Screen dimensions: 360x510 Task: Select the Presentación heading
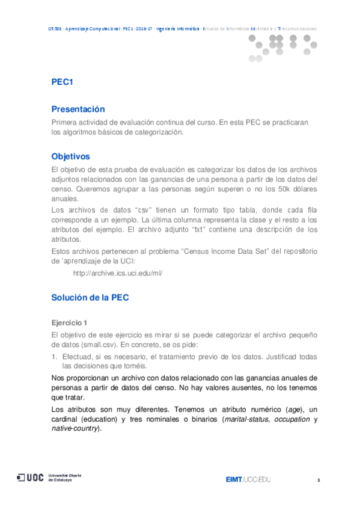point(78,109)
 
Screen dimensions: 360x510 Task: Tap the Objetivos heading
point(70,156)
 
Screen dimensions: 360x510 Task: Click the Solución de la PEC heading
point(90,297)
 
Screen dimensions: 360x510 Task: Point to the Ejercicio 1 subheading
point(69,322)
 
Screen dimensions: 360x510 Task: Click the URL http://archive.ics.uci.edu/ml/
point(117,272)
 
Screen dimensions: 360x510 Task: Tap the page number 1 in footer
point(319,480)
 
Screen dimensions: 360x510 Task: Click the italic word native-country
point(75,428)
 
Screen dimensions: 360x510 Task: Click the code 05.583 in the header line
point(54,28)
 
